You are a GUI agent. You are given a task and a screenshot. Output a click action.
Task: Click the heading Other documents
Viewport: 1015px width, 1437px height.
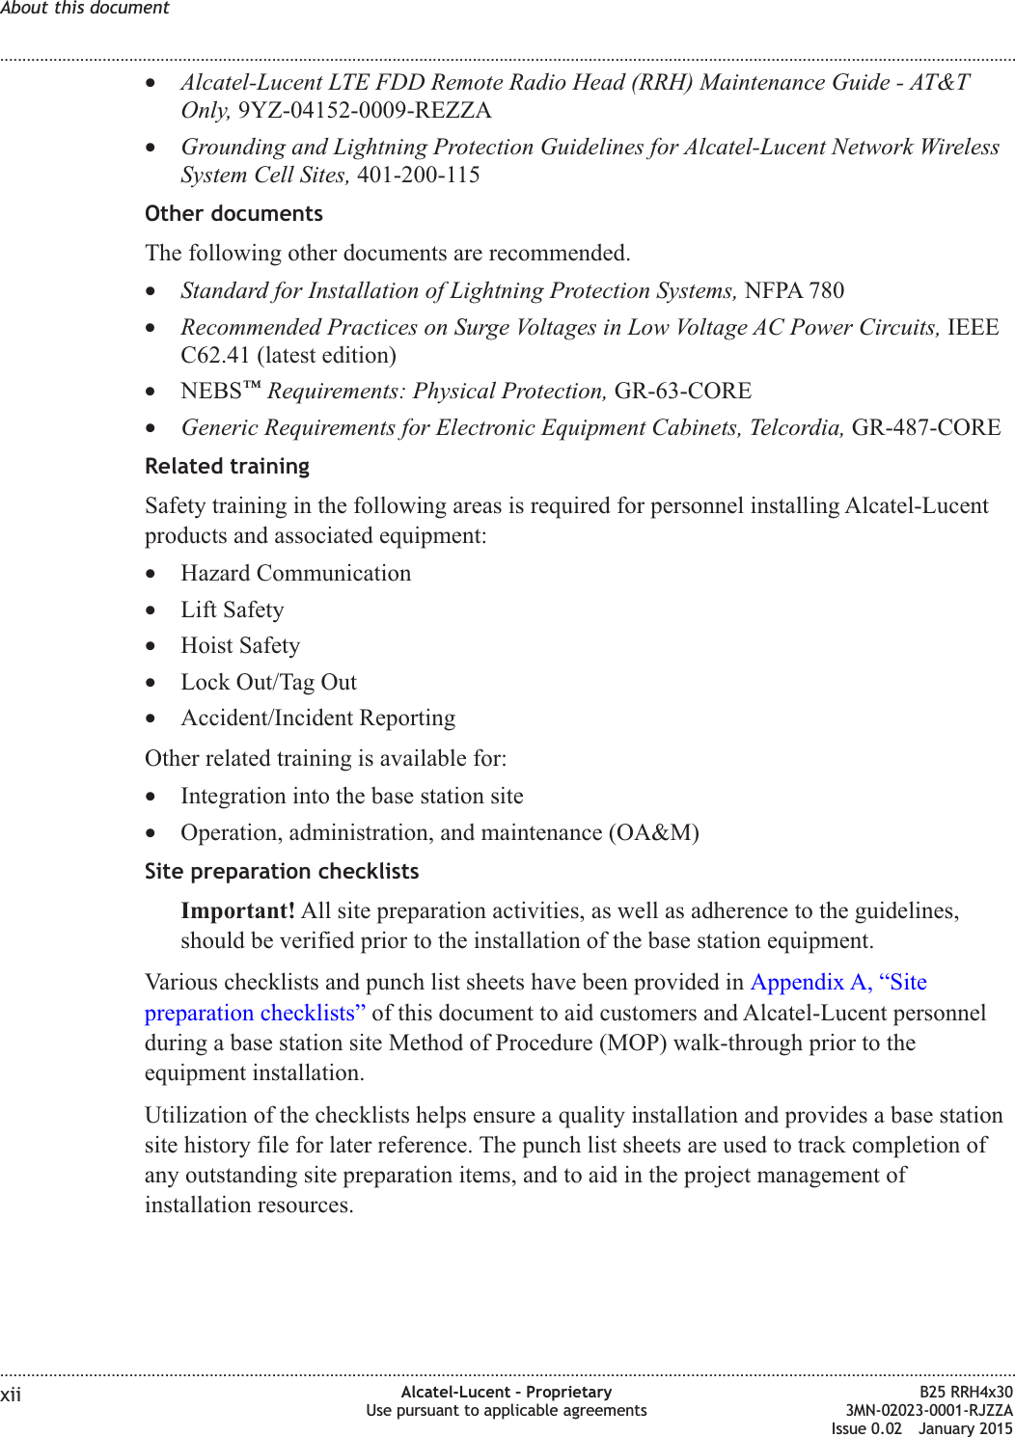(x=233, y=213)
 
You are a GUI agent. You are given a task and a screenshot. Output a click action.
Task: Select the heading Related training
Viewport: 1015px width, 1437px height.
(x=227, y=466)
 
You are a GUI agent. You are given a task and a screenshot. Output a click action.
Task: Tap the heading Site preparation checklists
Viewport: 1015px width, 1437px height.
(x=282, y=871)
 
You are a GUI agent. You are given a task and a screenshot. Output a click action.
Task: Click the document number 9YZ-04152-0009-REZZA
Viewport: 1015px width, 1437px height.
(x=365, y=110)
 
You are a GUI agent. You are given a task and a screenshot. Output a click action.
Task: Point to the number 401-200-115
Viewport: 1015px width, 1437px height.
(x=418, y=175)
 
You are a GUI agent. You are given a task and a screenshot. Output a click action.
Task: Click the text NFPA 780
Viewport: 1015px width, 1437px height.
(x=794, y=290)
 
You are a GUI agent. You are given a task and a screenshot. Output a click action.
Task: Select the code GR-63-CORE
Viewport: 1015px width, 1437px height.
(x=682, y=391)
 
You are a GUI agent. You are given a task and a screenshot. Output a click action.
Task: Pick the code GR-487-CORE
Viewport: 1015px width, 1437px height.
(x=925, y=427)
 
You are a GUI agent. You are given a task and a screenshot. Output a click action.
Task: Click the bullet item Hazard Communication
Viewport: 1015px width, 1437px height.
(x=295, y=573)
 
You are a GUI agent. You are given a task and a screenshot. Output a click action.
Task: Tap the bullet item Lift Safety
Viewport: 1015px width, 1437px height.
(x=233, y=610)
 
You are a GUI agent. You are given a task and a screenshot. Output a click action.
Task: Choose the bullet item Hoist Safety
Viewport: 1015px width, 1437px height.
(x=240, y=645)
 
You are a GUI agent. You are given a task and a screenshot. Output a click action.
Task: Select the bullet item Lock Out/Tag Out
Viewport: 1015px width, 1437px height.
(x=268, y=682)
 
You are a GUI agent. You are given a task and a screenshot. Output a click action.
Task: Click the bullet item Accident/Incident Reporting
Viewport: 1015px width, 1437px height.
(x=317, y=718)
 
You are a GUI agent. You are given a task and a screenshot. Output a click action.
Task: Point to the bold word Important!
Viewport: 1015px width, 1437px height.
(x=237, y=910)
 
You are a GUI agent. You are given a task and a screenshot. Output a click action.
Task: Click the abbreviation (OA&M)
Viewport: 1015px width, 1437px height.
(x=653, y=832)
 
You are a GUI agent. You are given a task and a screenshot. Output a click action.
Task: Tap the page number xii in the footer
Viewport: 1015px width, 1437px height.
(x=11, y=1395)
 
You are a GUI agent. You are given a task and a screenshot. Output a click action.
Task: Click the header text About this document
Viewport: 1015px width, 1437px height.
(x=85, y=8)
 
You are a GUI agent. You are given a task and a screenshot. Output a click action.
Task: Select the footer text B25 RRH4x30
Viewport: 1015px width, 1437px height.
(x=966, y=1392)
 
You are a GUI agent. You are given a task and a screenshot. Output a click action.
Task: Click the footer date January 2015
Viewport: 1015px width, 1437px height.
(x=965, y=1428)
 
